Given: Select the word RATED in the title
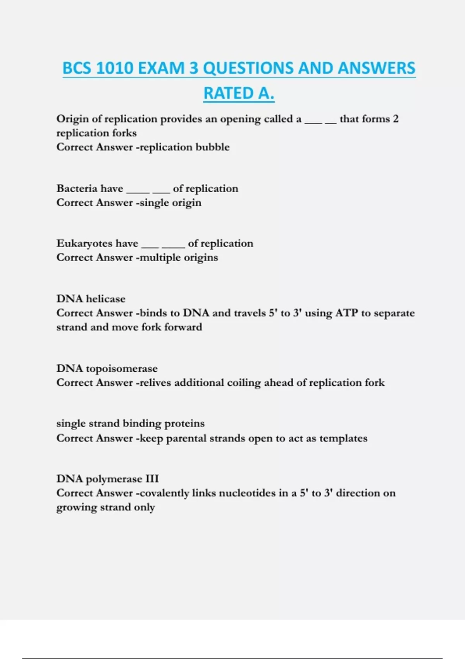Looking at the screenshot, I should (x=226, y=93).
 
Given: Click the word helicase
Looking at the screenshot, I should (x=106, y=298).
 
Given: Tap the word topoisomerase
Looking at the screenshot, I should (x=122, y=369).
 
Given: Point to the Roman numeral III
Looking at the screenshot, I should (x=152, y=479).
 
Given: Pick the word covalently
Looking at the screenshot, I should (x=164, y=493).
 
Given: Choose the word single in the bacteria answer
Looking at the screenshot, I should (x=154, y=203).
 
